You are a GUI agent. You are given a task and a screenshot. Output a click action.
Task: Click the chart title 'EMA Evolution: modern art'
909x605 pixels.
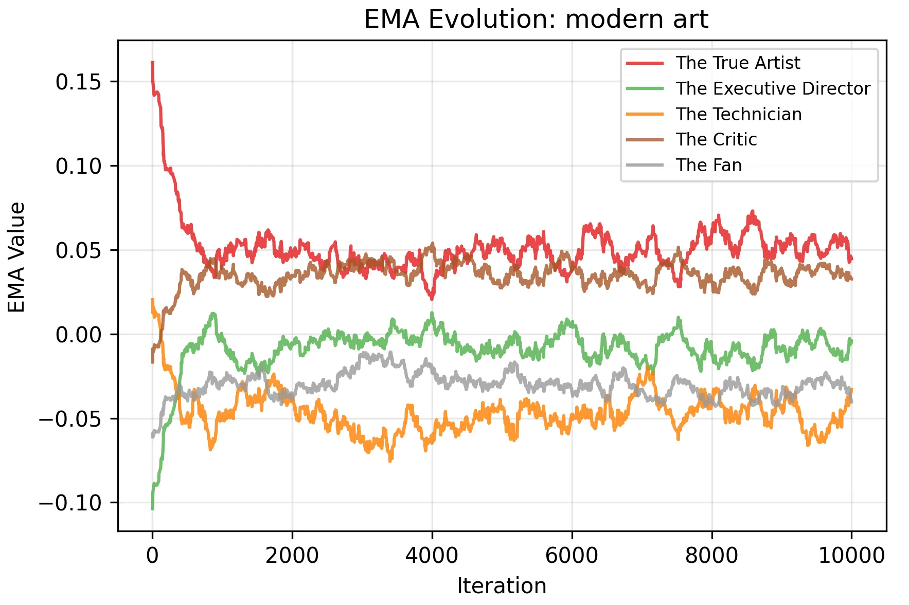point(536,20)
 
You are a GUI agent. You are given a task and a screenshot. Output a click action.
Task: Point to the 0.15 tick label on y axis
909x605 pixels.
point(78,82)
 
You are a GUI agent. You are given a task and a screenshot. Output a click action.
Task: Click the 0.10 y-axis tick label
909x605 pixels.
point(78,166)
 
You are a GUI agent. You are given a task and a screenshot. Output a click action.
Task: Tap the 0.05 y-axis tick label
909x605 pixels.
point(78,250)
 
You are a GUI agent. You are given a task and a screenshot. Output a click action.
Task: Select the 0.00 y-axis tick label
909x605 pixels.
point(78,335)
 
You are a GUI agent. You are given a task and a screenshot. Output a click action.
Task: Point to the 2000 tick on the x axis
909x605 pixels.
point(292,556)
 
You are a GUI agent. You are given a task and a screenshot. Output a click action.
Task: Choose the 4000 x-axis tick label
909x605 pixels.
point(432,556)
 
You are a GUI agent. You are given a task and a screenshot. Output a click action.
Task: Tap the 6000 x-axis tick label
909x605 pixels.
point(572,556)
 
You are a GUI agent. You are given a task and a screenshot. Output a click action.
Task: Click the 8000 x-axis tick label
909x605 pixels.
point(712,556)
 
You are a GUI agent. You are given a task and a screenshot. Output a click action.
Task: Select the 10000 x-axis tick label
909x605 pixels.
point(851,556)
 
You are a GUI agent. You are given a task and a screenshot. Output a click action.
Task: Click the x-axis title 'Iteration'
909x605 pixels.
point(502,586)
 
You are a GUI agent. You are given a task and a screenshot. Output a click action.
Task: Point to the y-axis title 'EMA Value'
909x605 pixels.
point(17,257)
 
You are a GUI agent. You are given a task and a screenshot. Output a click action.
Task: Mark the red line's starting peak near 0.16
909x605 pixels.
point(152,63)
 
